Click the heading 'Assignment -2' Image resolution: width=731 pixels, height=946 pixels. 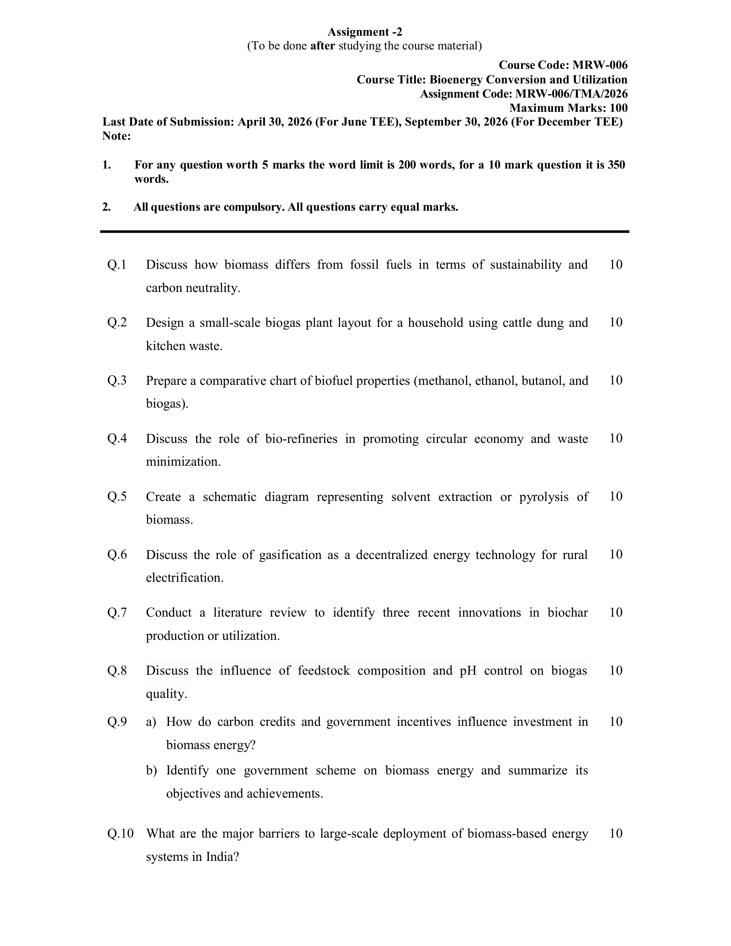(365, 32)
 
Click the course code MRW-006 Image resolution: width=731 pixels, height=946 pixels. (600, 65)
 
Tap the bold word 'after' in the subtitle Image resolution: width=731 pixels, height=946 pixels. (322, 46)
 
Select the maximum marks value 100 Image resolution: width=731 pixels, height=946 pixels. (618, 108)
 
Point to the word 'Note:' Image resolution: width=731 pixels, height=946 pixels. (117, 136)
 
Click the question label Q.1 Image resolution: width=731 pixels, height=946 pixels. (117, 264)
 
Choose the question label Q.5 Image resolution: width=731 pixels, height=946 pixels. (117, 496)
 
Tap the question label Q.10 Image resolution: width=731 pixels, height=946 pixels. (120, 833)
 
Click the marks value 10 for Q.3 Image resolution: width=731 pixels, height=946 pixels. (615, 380)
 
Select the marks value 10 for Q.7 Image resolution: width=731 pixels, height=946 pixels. (615, 612)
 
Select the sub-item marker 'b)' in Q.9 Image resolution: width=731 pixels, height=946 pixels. (151, 771)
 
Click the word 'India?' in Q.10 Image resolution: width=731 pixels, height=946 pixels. (222, 857)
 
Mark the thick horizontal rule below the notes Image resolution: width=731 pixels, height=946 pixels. (365, 232)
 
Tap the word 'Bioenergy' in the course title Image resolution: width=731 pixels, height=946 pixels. (456, 80)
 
